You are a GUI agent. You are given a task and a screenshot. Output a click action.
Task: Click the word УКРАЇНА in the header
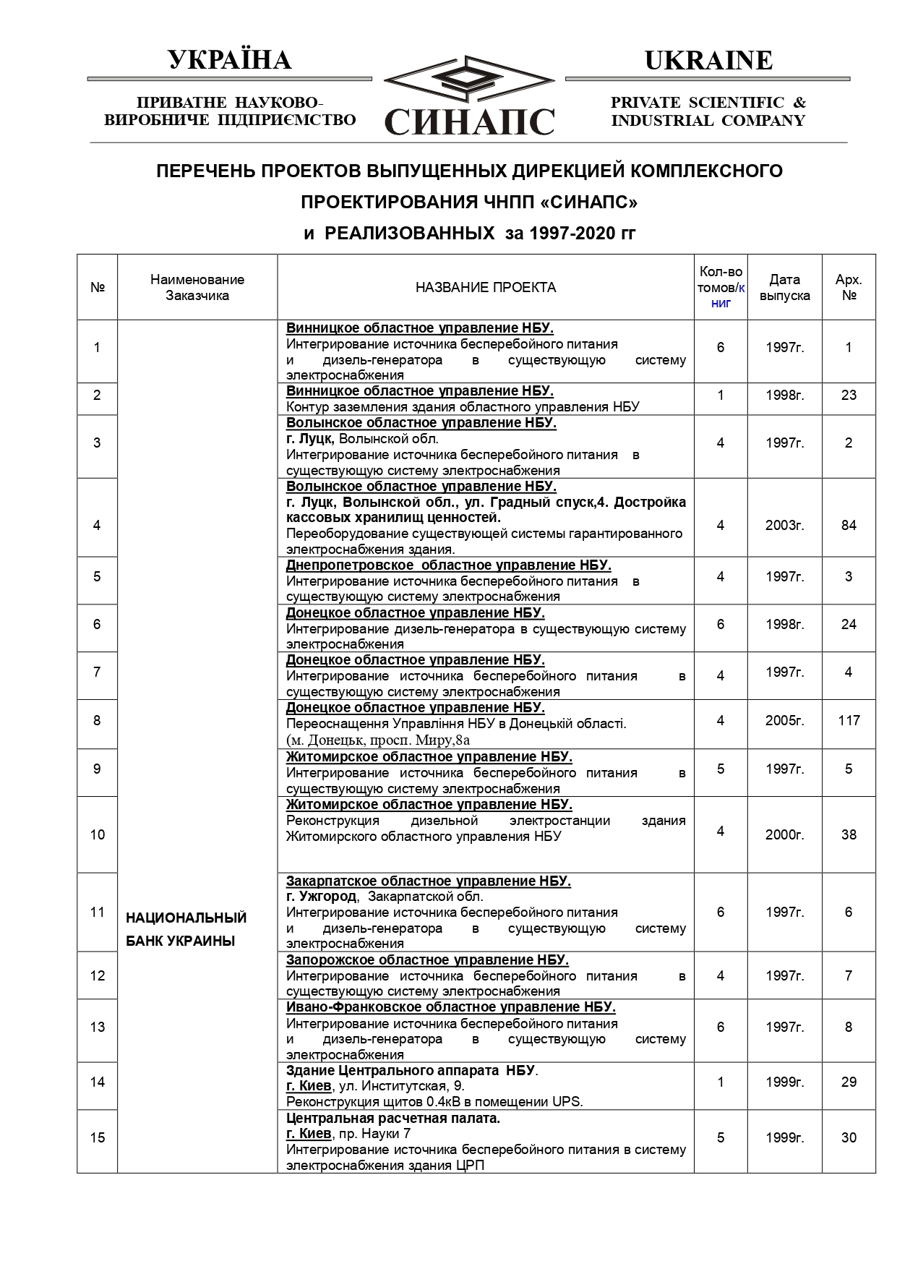tap(230, 60)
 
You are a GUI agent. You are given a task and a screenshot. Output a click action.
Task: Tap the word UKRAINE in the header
tap(708, 60)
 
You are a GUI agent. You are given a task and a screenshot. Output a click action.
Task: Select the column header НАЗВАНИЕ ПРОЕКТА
tap(486, 288)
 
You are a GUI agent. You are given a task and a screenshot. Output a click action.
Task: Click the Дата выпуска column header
tap(784, 288)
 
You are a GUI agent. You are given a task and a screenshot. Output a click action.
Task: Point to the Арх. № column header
tap(849, 288)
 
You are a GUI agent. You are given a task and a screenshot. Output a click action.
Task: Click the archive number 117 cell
tap(849, 721)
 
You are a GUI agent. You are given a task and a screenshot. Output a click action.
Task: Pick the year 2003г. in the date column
tap(784, 526)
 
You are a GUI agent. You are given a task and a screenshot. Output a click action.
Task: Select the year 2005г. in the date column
tap(784, 721)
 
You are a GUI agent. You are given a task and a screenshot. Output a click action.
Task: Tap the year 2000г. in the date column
tap(784, 835)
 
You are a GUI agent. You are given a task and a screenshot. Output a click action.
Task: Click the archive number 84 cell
tap(849, 526)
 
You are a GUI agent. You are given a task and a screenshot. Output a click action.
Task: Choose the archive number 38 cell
tap(849, 835)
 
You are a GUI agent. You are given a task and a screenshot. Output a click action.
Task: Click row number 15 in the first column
tap(98, 1138)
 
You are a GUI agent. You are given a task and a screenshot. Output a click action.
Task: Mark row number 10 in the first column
tap(98, 835)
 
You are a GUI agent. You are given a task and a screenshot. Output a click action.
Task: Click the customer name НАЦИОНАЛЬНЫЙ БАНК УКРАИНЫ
tap(186, 929)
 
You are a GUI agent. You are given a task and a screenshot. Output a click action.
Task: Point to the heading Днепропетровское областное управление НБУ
tap(448, 565)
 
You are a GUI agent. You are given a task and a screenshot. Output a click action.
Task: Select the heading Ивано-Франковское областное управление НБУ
tap(450, 1007)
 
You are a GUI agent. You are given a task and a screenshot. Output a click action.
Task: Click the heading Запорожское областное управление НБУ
tap(427, 960)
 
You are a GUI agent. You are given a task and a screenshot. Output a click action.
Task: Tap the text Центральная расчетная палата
tap(392, 1119)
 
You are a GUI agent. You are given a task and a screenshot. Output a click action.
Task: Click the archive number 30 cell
tap(849, 1138)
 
